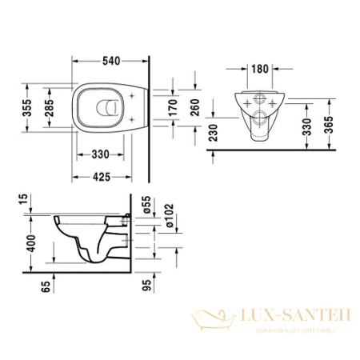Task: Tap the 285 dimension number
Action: (x=48, y=109)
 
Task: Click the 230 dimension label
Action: (x=212, y=130)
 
